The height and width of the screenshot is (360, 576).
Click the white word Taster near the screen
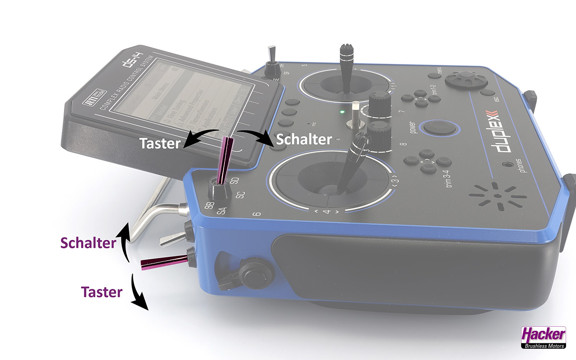pyautogui.click(x=160, y=143)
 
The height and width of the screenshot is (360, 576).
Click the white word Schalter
pyautogui.click(x=304, y=139)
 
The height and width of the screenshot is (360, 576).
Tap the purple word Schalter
pyautogui.click(x=88, y=243)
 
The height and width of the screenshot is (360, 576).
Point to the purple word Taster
pyautogui.click(x=102, y=292)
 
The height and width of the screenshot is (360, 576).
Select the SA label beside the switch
pyautogui.click(x=221, y=209)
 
